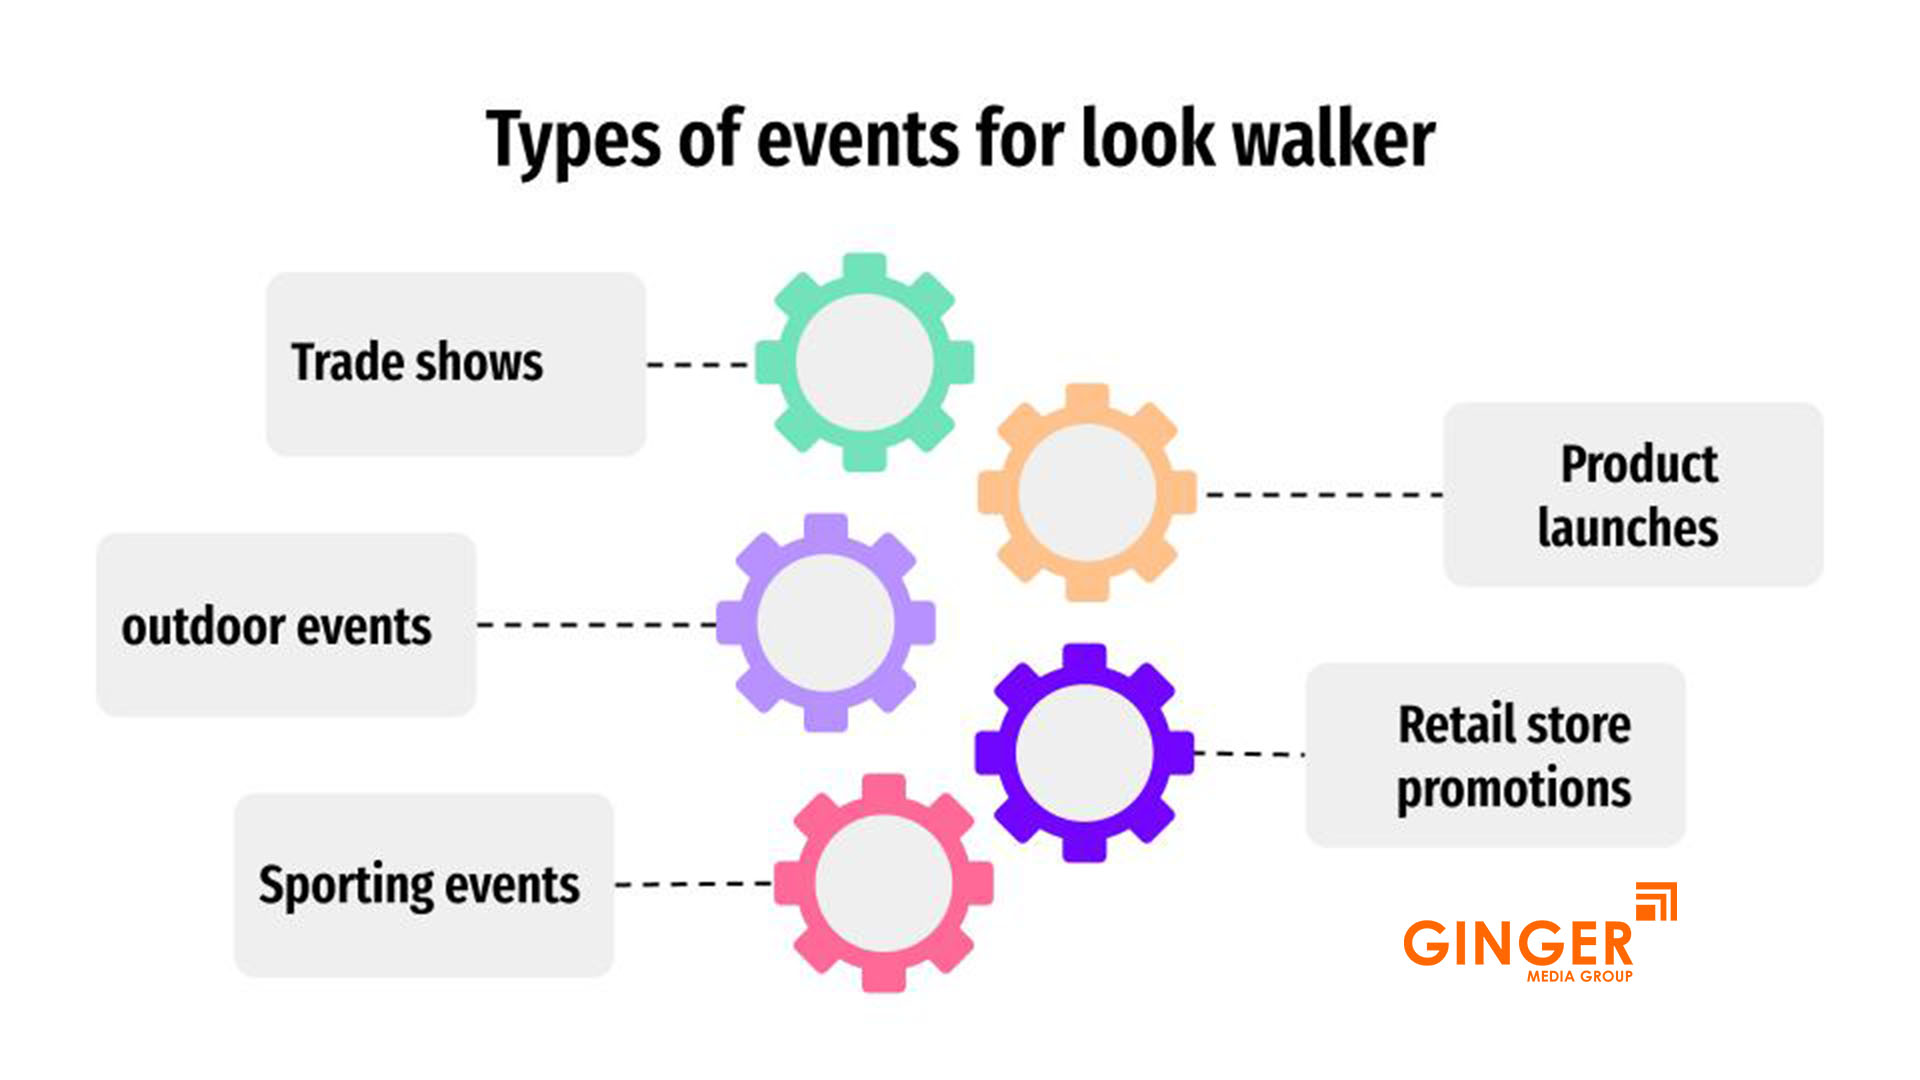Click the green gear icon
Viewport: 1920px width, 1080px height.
(x=864, y=362)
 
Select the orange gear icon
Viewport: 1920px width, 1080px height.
(x=1087, y=492)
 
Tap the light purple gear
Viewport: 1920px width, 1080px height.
(x=825, y=622)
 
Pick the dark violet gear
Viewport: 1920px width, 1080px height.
(x=1084, y=752)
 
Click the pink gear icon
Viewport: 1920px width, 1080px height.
(x=883, y=882)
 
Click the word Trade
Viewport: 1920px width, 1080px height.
(x=346, y=362)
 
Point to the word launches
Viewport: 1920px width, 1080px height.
(x=1627, y=527)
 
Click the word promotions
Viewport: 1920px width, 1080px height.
(x=1513, y=789)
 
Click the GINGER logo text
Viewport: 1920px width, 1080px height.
(x=1517, y=942)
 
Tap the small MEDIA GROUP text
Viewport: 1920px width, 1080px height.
(x=1579, y=976)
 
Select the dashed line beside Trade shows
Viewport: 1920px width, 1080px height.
(x=697, y=365)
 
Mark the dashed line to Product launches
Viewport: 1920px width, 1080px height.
(x=1323, y=494)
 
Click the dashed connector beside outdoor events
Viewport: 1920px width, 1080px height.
(x=596, y=625)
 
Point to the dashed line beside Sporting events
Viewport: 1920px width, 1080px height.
(x=693, y=884)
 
